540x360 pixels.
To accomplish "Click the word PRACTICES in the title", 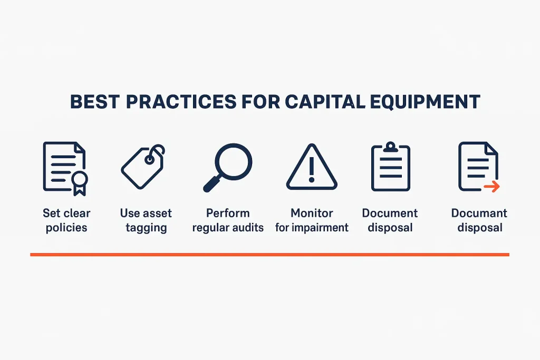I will click(x=185, y=102).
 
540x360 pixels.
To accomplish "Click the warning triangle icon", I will click(x=312, y=167).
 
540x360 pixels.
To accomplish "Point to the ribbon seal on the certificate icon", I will click(x=79, y=182).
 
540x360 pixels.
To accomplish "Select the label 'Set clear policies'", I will click(x=66, y=220).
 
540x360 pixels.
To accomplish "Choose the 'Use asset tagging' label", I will click(x=146, y=220).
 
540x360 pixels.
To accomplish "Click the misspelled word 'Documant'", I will click(x=479, y=213).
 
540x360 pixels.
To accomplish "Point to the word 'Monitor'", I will click(x=312, y=213).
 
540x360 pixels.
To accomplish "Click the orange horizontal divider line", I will click(x=269, y=255).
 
